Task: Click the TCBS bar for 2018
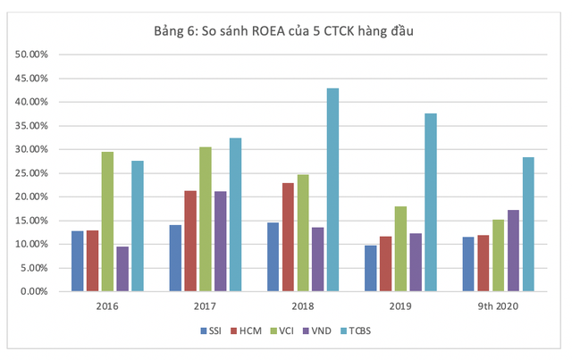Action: pyautogui.click(x=332, y=189)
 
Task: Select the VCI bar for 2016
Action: pyautogui.click(x=107, y=222)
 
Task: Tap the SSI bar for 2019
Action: pyautogui.click(x=371, y=268)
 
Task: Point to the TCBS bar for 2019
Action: pyautogui.click(x=431, y=202)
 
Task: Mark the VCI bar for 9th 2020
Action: pyautogui.click(x=498, y=255)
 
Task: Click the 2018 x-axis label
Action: pyautogui.click(x=302, y=306)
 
